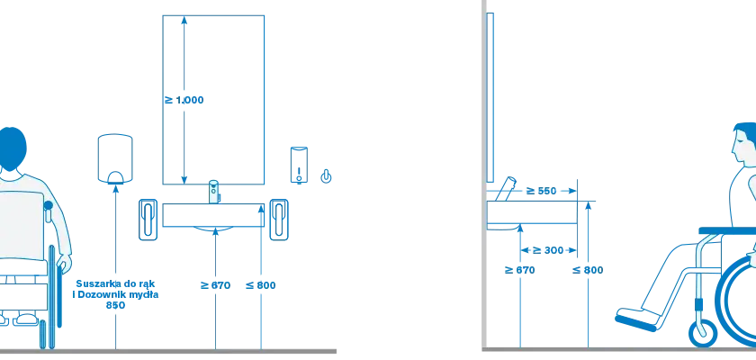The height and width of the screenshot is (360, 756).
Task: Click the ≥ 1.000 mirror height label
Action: (x=184, y=100)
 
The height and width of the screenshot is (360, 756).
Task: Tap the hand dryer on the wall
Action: (x=115, y=159)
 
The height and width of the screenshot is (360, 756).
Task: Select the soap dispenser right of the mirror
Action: (x=299, y=166)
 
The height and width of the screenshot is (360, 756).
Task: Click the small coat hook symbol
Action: (x=327, y=176)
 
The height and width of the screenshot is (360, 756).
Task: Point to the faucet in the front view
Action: (x=213, y=192)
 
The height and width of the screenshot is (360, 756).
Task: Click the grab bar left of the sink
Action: (x=148, y=220)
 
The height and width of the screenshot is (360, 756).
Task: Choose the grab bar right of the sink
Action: (x=279, y=220)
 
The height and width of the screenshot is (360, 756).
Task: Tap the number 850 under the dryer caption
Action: (x=116, y=305)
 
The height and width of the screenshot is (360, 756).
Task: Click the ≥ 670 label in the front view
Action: (x=215, y=285)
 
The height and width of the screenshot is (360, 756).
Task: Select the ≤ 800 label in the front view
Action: (x=261, y=285)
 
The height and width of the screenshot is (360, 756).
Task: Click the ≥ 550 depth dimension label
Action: (x=541, y=191)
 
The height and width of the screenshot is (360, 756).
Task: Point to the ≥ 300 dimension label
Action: (x=548, y=250)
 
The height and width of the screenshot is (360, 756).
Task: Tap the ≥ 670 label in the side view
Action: (x=520, y=270)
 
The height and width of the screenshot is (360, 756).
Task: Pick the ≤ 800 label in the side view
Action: (x=588, y=270)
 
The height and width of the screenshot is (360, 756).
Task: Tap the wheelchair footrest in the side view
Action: (x=636, y=322)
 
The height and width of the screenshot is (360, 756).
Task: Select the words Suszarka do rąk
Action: (x=116, y=283)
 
